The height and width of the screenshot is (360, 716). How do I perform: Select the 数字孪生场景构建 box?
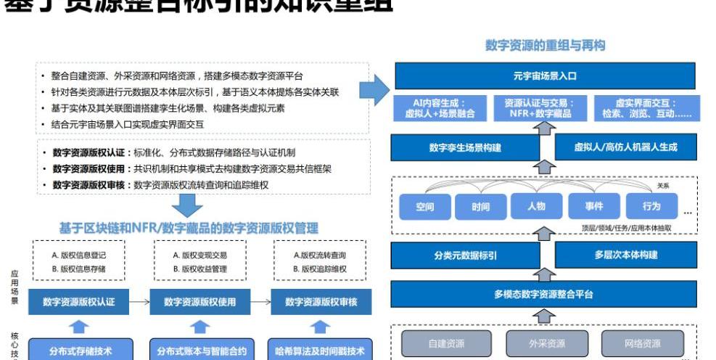point(464,147)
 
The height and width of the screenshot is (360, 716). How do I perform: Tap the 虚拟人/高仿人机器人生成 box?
point(625,147)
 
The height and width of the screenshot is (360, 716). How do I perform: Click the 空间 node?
point(425,207)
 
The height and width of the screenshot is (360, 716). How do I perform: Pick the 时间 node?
point(480,207)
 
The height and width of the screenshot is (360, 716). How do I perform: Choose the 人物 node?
point(537,206)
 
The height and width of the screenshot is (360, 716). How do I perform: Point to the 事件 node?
point(594,206)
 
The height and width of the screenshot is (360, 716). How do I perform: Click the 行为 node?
point(651,206)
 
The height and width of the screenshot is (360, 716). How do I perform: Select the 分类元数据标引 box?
point(464,255)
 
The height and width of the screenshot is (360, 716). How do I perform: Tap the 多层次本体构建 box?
point(625,255)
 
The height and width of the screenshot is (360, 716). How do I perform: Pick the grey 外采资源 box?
point(546,343)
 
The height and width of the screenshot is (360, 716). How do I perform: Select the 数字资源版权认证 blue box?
point(78,301)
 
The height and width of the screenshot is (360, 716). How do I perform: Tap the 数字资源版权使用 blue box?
point(199,301)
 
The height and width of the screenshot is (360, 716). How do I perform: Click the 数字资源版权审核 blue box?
point(321,301)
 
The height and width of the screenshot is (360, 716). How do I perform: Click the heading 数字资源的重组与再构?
point(545,45)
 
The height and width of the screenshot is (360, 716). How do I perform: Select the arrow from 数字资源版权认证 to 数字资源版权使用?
point(139,301)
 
